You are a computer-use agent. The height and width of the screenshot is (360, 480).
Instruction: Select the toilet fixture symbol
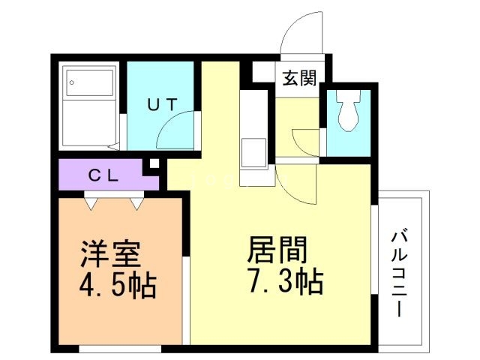(x=347, y=111)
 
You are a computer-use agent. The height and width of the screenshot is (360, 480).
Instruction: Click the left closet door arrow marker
(x=91, y=201)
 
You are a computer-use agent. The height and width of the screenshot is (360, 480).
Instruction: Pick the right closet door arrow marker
(x=136, y=201)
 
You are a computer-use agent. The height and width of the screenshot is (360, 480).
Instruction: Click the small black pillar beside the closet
(x=154, y=163)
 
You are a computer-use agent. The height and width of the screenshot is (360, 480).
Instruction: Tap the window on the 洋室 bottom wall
(x=120, y=348)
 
